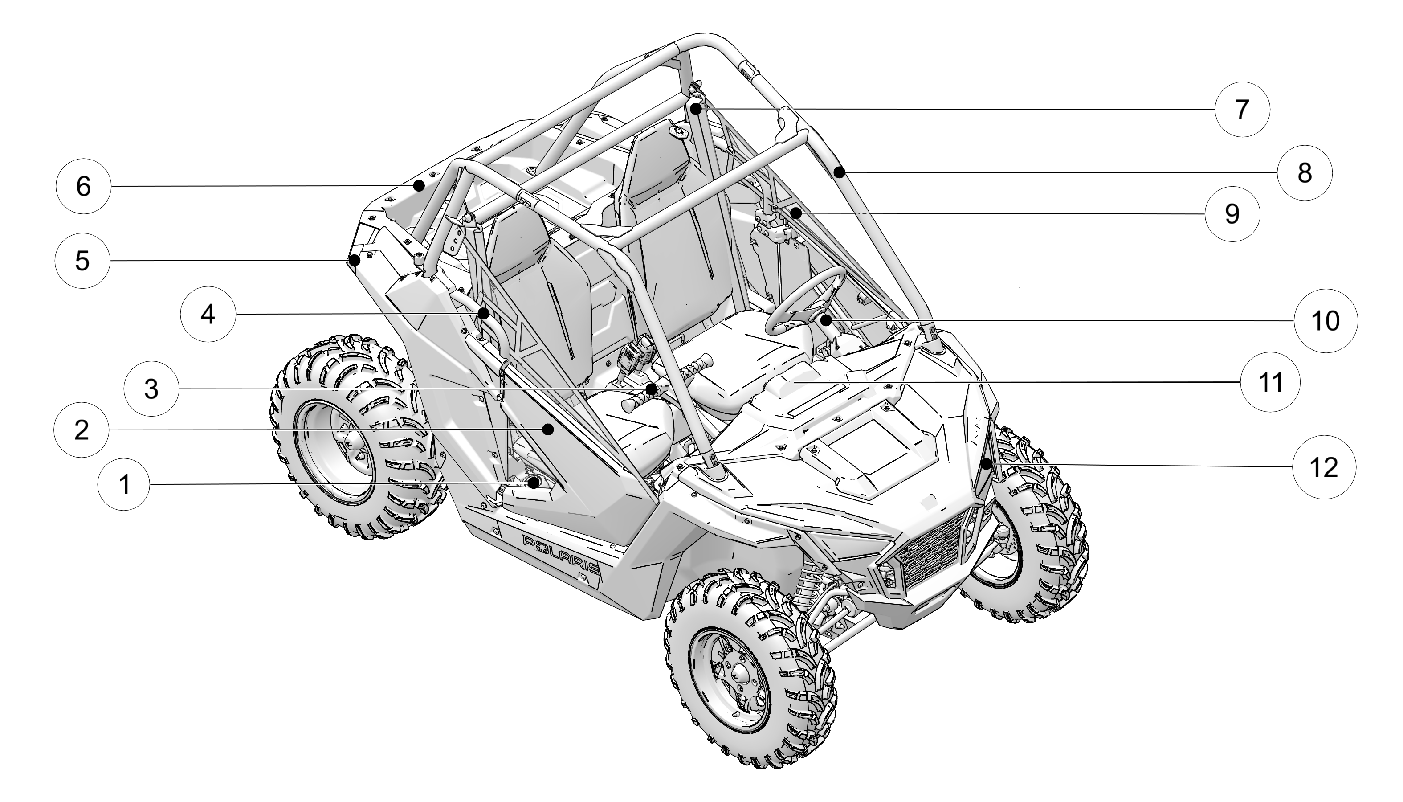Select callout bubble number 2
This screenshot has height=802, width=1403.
click(x=82, y=430)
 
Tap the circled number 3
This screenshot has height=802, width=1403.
click(x=151, y=389)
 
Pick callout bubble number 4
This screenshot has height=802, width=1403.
click(x=208, y=315)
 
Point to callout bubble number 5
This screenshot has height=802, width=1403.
click(x=82, y=261)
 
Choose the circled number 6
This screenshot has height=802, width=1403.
click(x=83, y=187)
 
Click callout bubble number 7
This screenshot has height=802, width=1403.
click(x=1242, y=110)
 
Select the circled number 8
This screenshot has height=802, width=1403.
click(x=1305, y=173)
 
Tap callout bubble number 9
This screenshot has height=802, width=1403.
click(x=1232, y=214)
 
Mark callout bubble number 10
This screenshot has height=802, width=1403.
click(x=1326, y=321)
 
